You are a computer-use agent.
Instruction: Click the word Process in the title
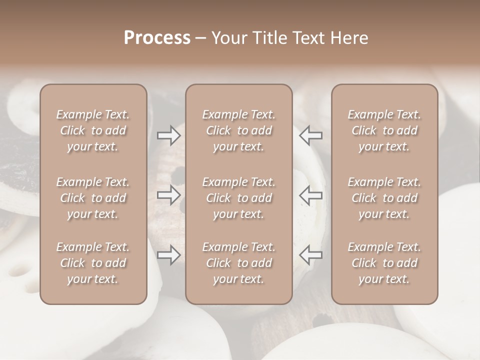point(157,38)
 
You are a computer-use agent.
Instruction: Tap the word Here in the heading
point(349,38)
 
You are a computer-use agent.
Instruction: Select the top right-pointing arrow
point(169,135)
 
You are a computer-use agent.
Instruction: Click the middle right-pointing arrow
point(169,195)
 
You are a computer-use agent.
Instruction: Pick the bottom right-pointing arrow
point(169,255)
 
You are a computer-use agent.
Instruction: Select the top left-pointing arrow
point(310,135)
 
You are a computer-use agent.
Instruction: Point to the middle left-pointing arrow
point(310,195)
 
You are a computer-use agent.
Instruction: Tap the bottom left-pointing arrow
point(310,255)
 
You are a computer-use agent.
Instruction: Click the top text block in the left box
point(93,130)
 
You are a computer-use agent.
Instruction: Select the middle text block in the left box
point(93,198)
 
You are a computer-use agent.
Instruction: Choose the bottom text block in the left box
point(93,263)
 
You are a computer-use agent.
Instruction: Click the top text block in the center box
point(238,130)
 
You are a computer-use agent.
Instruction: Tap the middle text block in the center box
point(238,198)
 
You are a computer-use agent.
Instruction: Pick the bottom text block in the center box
point(238,263)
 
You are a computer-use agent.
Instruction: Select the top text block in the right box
point(384,130)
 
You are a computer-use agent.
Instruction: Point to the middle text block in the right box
point(384,198)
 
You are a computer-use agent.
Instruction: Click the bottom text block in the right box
point(384,263)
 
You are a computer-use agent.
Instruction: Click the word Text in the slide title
point(308,38)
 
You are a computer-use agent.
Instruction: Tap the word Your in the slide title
point(228,38)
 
